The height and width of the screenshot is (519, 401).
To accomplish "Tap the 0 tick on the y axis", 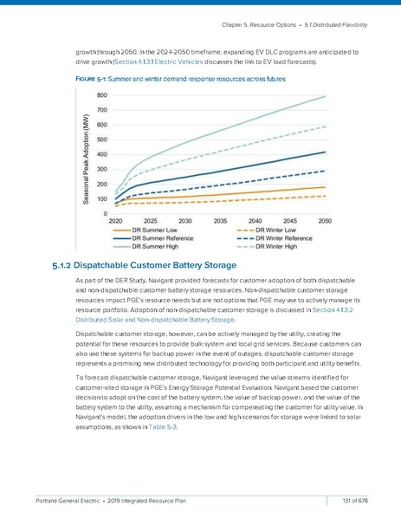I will (106, 213).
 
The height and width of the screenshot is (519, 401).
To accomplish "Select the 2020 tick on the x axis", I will (115, 222).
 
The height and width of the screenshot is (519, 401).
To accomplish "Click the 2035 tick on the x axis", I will (221, 222).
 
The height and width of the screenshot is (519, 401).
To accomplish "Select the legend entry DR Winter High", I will (281, 245).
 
